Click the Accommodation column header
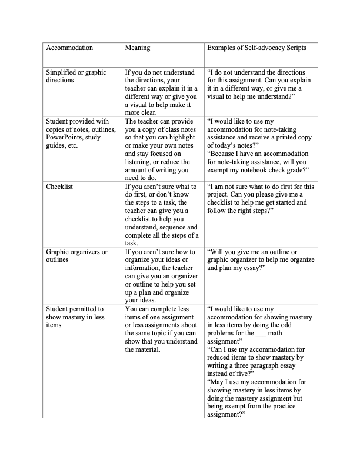(x=69, y=47)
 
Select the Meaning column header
(x=138, y=47)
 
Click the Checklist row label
(x=61, y=187)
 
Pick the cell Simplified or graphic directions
(x=76, y=76)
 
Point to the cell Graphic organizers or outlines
(x=76, y=256)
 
